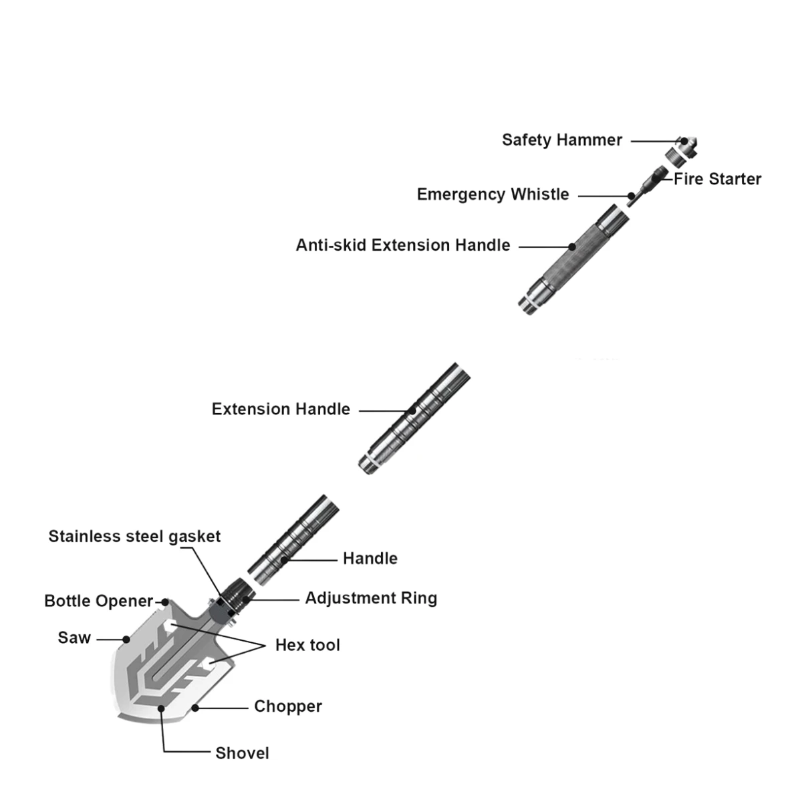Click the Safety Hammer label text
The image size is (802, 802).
click(x=562, y=140)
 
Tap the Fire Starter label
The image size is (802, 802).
click(x=718, y=179)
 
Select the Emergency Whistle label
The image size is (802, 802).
click(x=493, y=194)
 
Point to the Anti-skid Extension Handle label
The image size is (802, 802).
click(x=403, y=245)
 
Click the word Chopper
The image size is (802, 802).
click(x=288, y=706)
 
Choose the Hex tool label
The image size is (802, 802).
click(x=307, y=645)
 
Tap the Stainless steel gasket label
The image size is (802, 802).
click(x=134, y=537)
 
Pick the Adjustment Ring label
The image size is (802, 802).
click(x=371, y=598)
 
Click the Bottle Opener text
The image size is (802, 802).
click(x=99, y=601)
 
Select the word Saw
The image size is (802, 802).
click(x=74, y=638)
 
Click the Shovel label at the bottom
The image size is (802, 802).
click(x=242, y=753)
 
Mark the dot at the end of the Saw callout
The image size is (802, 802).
click(x=126, y=640)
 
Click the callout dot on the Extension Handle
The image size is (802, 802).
click(x=412, y=411)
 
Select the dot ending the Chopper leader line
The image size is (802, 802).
click(x=194, y=708)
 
